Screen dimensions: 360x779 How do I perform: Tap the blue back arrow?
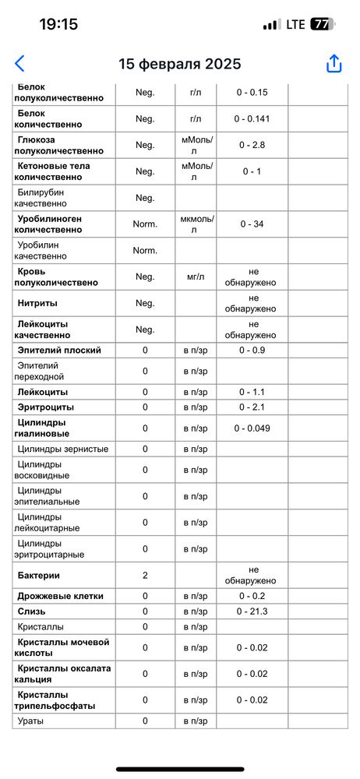tap(19, 64)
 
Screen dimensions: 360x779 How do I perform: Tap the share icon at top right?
tap(334, 64)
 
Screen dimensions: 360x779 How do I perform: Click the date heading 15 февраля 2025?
tap(180, 64)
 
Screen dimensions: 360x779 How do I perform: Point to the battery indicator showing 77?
tap(320, 24)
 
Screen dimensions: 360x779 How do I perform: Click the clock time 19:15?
tap(58, 24)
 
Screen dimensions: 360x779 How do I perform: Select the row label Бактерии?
tap(39, 575)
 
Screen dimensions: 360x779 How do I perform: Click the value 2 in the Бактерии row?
tap(145, 575)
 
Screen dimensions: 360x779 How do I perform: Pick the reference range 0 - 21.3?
tap(252, 612)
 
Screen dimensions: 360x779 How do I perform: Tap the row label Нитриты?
tap(37, 303)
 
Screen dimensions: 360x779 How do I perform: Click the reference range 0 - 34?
tap(252, 224)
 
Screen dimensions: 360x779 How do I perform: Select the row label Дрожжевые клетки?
tap(60, 596)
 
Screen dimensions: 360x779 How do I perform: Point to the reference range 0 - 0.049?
tap(252, 428)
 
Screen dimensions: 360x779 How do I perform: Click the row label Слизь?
tap(30, 612)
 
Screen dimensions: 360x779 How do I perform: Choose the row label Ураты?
tap(30, 721)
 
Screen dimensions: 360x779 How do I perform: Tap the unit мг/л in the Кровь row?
tap(196, 277)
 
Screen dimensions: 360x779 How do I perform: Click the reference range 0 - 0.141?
tap(252, 119)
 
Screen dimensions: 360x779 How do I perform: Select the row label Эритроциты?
tap(45, 407)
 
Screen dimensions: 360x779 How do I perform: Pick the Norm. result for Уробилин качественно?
tap(145, 250)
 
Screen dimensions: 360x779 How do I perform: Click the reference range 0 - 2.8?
tap(252, 145)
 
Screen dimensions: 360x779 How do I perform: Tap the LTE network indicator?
tap(295, 24)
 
